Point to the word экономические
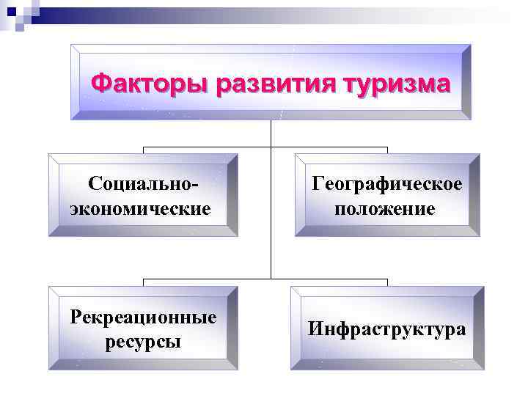tap(140, 209)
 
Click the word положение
tap(386, 209)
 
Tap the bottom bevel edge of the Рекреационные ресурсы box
tap(143, 364)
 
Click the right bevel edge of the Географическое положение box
tap(474, 195)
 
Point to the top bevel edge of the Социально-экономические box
tap(143, 158)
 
